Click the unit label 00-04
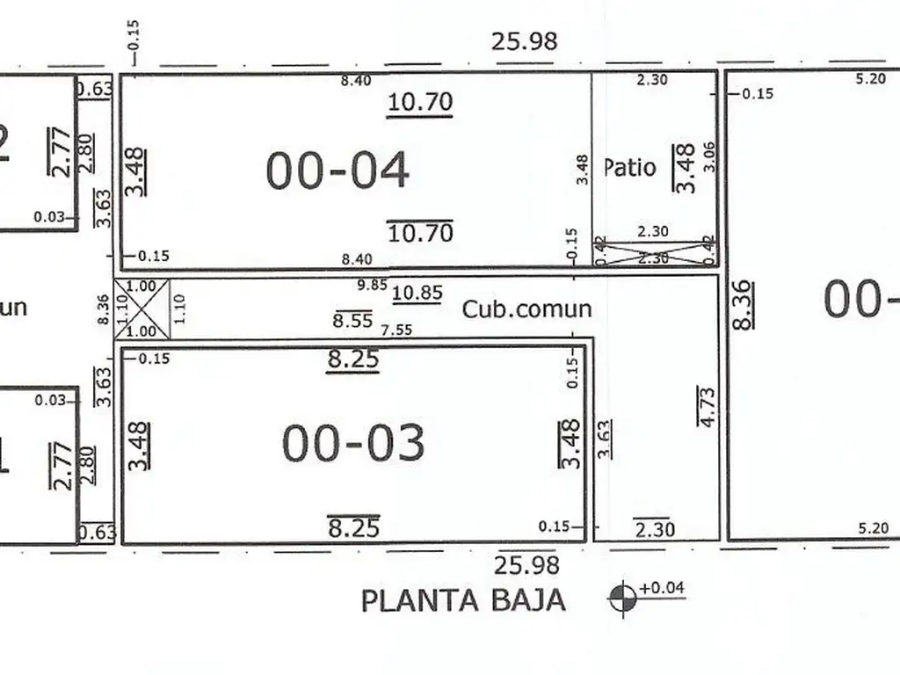tap(337, 171)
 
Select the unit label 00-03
tap(353, 443)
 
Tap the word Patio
tap(630, 167)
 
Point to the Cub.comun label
tap(527, 309)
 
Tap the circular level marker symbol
tap(622, 599)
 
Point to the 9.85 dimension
tap(374, 285)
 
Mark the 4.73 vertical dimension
tap(706, 406)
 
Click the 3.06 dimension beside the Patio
tap(710, 156)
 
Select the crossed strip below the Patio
tap(655, 252)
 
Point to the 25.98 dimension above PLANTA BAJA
tap(526, 564)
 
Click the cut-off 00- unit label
tap(861, 301)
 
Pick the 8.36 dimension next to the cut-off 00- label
tap(741, 304)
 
